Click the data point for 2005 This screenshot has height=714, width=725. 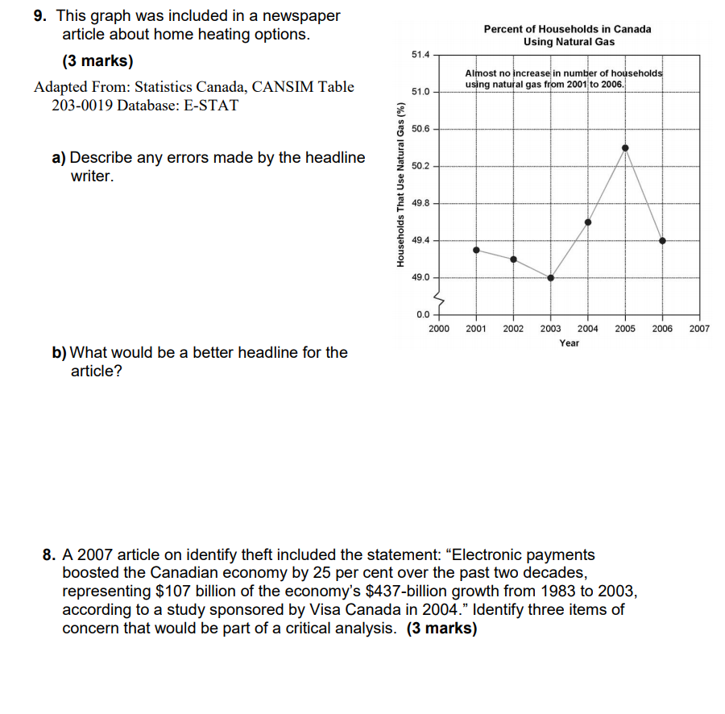(625, 147)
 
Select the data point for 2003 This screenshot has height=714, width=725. (551, 277)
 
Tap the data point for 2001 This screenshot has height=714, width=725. (476, 250)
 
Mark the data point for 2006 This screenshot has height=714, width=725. (662, 240)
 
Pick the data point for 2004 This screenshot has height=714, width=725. (588, 222)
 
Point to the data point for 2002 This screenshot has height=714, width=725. (513, 259)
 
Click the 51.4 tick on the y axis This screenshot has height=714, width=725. (420, 55)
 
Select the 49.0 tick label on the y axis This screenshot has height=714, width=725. (420, 277)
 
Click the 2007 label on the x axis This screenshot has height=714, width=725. (699, 329)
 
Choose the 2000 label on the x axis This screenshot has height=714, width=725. (439, 329)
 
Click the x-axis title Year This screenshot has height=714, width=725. (569, 343)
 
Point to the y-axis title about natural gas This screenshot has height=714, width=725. (400, 184)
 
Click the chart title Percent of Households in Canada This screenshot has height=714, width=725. (568, 29)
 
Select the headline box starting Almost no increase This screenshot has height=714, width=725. (564, 78)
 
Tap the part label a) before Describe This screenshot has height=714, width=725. (59, 158)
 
